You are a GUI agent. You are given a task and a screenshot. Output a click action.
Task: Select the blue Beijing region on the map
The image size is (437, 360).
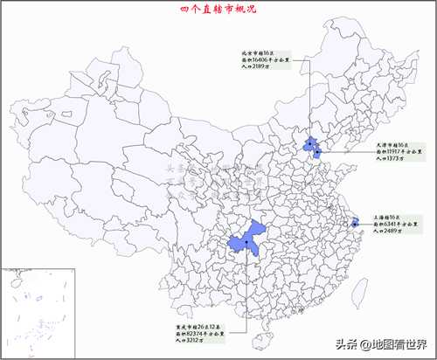(x=309, y=143)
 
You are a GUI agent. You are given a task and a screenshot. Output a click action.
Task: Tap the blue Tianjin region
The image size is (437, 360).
(x=317, y=154)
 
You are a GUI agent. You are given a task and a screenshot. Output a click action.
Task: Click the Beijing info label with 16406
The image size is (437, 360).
(x=272, y=63)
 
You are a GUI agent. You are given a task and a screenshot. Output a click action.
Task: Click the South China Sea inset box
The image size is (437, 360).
(x=25, y=310)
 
